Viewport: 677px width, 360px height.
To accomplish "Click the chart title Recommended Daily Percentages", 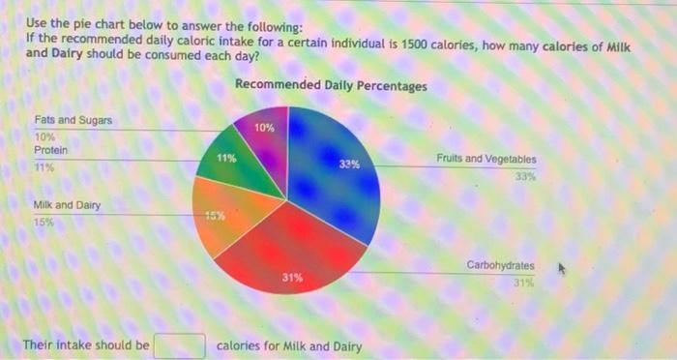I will click(x=331, y=86).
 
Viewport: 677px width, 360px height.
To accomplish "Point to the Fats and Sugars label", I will click(x=73, y=120).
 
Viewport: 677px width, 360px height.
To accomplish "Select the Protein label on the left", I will click(x=50, y=150).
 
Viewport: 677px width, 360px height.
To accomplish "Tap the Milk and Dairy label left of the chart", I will click(x=66, y=205).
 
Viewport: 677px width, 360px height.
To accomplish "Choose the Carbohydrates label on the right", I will click(x=500, y=264).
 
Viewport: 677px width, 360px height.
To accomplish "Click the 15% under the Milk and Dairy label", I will click(x=44, y=223).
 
